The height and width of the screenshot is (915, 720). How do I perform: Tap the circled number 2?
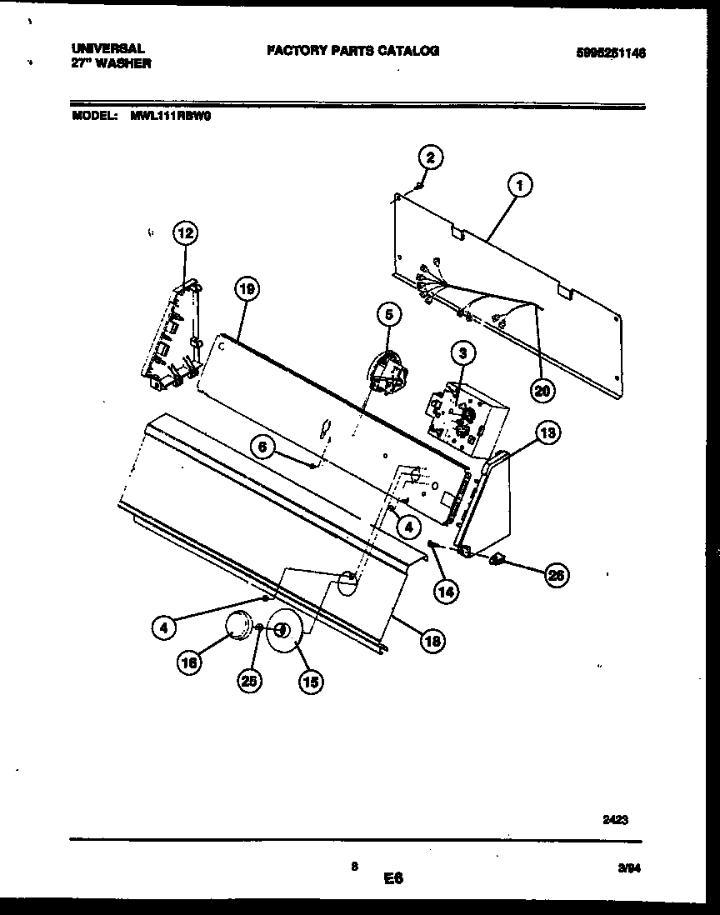pos(430,157)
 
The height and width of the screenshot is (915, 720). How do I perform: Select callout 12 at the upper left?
pos(185,234)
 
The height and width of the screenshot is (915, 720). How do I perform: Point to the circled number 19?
pos(247,290)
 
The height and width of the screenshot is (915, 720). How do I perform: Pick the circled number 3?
pos(462,353)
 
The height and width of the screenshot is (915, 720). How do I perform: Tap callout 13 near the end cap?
pos(547,432)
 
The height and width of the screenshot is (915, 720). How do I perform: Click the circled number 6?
pos(262,447)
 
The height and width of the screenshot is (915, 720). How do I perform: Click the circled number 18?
pos(432,641)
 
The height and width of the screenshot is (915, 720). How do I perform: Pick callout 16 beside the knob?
pos(189,663)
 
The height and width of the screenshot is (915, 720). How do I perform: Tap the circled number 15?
pos(310,681)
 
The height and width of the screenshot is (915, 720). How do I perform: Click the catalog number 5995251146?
pos(611,52)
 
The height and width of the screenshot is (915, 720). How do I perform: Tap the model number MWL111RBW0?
pos(171,117)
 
